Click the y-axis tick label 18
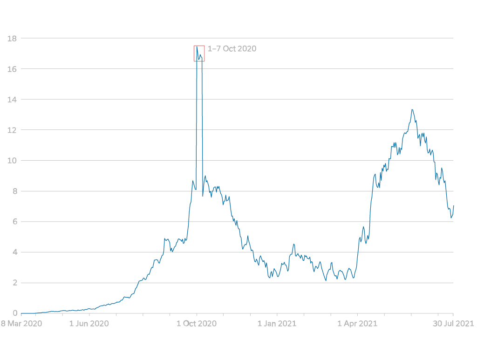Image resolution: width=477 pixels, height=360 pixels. coord(13,39)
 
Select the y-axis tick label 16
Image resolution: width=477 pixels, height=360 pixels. coord(13,69)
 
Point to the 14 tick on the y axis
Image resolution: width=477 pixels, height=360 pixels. coord(13,100)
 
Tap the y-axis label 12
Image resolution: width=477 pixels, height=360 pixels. coord(13,130)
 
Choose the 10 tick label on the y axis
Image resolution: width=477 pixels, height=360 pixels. coord(13,161)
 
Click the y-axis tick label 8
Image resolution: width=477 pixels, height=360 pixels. coord(15,191)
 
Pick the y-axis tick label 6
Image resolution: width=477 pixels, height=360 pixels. coord(15,222)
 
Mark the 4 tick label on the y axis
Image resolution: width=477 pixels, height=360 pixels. coord(15,252)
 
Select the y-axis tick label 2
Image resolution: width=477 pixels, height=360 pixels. coord(15,283)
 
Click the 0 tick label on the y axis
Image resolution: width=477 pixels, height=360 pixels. coord(15,313)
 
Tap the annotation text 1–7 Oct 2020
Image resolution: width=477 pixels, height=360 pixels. coord(232,48)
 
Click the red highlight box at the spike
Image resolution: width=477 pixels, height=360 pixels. coord(199,53)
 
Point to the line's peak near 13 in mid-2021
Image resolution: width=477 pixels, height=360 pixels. coord(412,109)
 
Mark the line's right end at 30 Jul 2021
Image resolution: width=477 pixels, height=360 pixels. coord(454,205)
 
